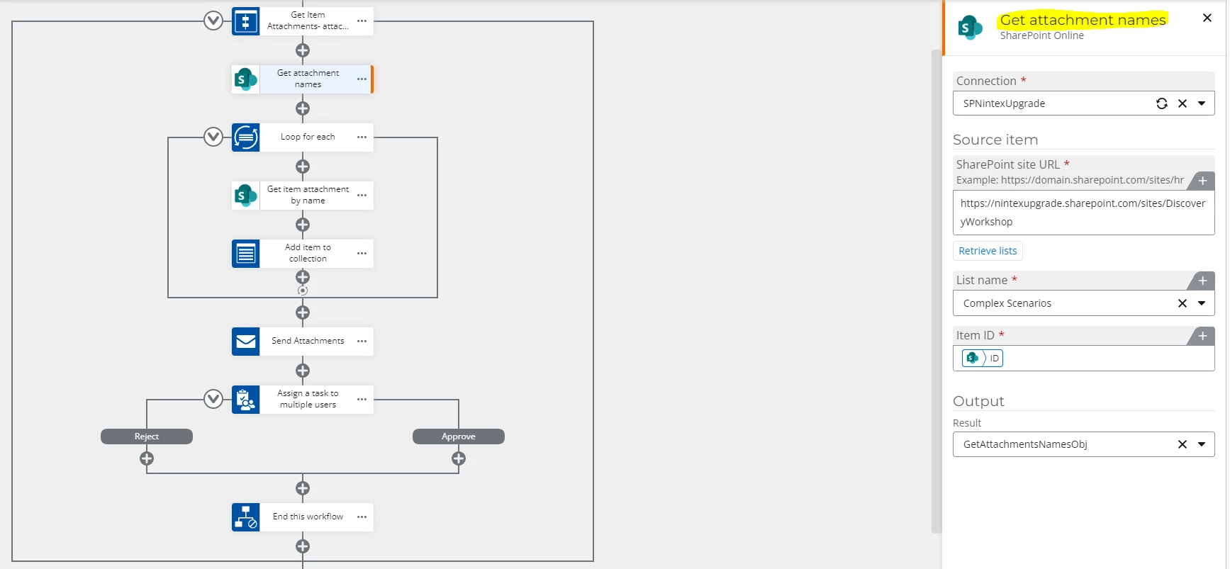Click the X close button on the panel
point(1207,18)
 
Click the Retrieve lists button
point(988,251)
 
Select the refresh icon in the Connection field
point(1161,103)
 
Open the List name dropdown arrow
point(1202,303)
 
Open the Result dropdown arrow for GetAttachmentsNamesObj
point(1202,444)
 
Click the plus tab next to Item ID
point(1202,336)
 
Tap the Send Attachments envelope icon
point(246,341)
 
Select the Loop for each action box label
point(308,137)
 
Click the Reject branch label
point(147,436)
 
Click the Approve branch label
point(458,436)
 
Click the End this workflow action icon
point(246,517)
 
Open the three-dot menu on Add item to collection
point(362,253)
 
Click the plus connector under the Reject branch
point(147,458)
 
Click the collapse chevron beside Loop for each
point(213,137)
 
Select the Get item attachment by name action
point(308,195)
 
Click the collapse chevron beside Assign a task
point(213,399)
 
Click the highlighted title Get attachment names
point(1082,20)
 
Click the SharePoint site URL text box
point(1083,213)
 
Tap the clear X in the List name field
point(1182,303)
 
